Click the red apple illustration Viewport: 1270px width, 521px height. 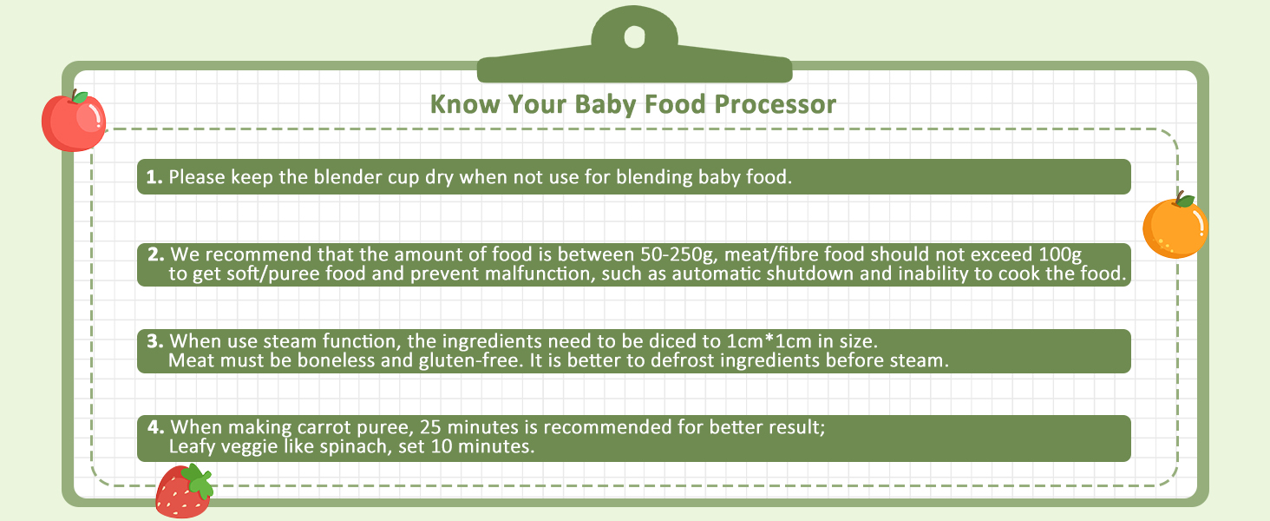(x=73, y=122)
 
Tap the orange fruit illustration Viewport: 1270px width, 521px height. (x=1175, y=228)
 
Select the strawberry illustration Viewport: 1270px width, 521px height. (x=181, y=493)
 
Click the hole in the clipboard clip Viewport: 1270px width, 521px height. (x=634, y=37)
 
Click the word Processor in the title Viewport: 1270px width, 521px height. (x=776, y=105)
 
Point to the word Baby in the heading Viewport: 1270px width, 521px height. (x=606, y=105)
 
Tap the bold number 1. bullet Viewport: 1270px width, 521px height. (x=154, y=177)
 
